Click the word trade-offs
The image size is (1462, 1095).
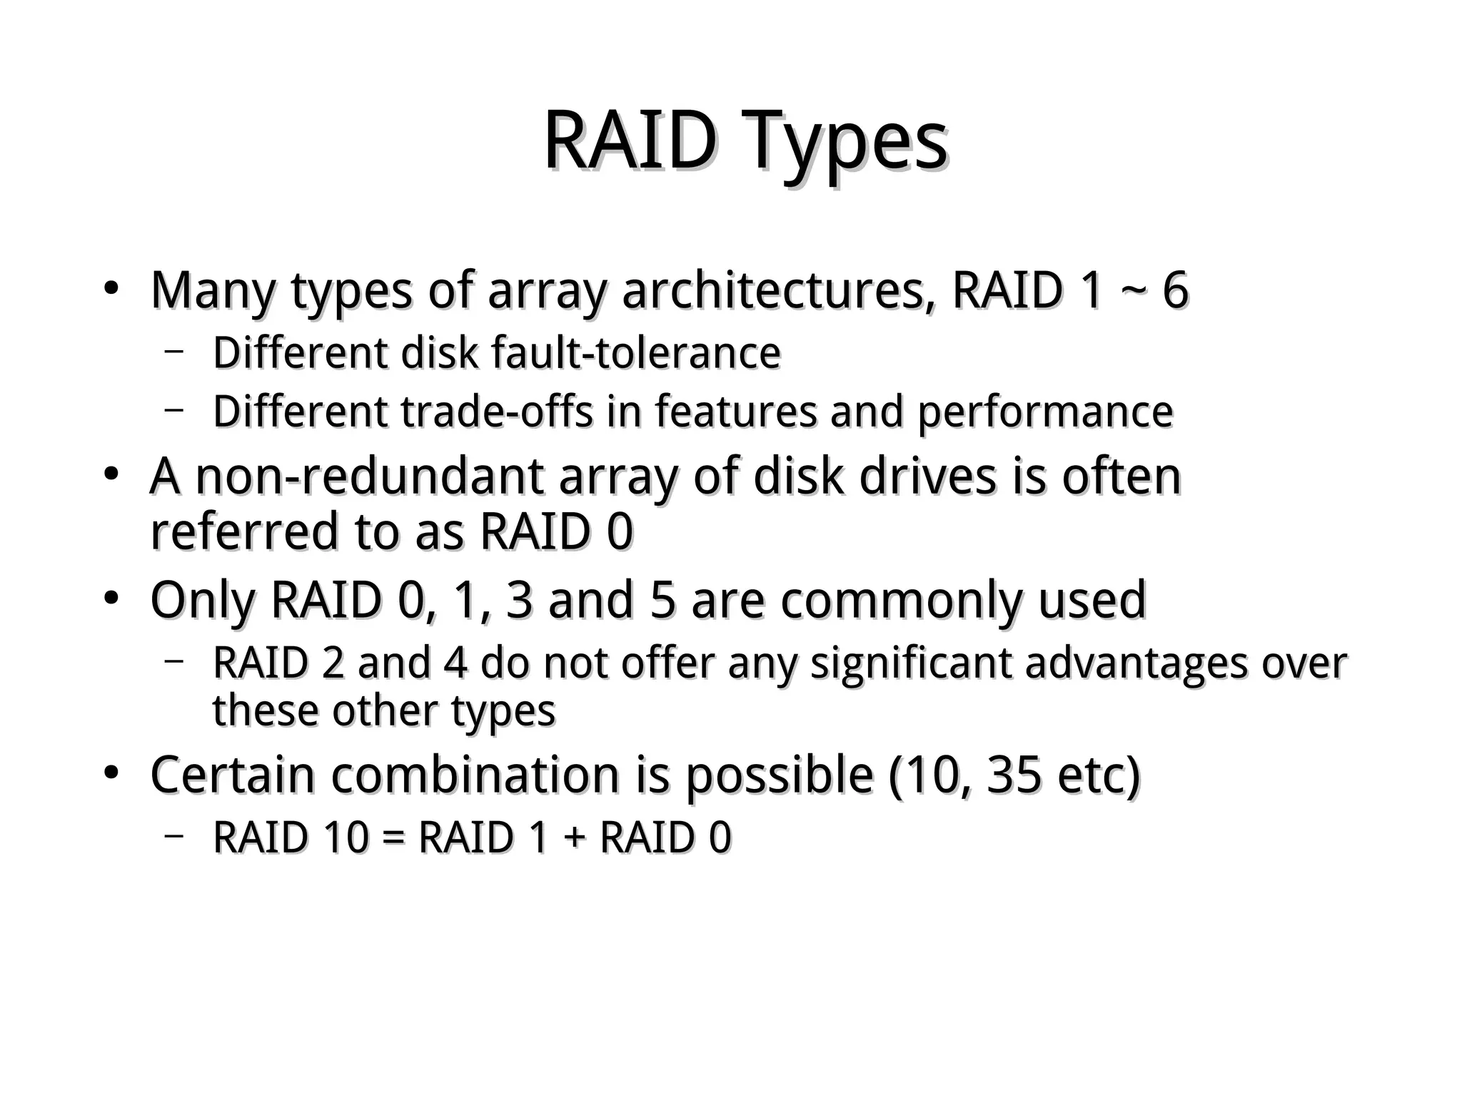(497, 412)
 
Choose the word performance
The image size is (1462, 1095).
(1045, 413)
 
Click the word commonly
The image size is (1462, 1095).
(902, 601)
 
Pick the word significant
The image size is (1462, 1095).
(911, 663)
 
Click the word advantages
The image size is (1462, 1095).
(1136, 663)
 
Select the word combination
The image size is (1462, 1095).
(475, 775)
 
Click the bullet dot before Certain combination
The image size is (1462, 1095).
(111, 773)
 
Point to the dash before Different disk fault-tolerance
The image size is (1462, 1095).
(173, 351)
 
